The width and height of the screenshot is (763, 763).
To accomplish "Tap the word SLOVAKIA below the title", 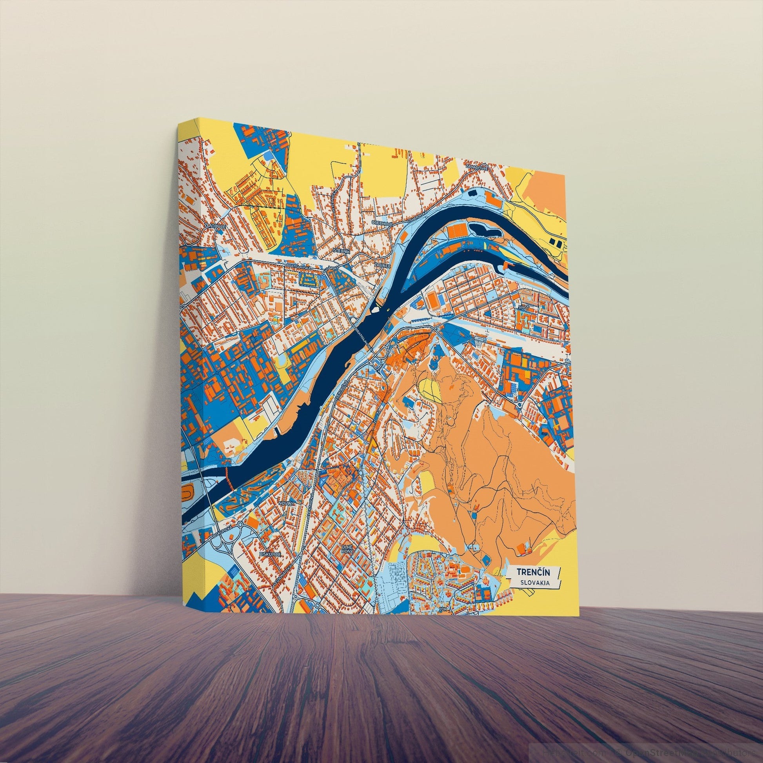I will tap(534, 583).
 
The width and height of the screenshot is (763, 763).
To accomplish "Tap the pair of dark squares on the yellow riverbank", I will tap(556, 241).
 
